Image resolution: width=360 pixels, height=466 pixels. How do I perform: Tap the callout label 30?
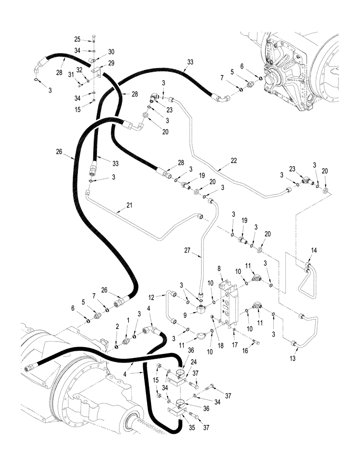click(111, 52)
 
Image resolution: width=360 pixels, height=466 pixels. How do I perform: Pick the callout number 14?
click(314, 250)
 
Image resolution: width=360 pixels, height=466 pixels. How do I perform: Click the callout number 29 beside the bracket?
click(111, 62)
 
